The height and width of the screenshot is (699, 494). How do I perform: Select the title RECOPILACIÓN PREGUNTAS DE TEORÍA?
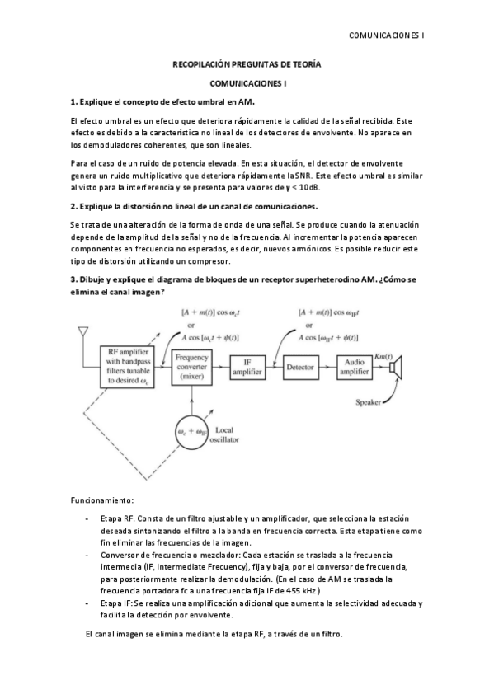click(x=247, y=64)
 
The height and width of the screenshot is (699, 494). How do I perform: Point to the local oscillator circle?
click(x=191, y=431)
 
